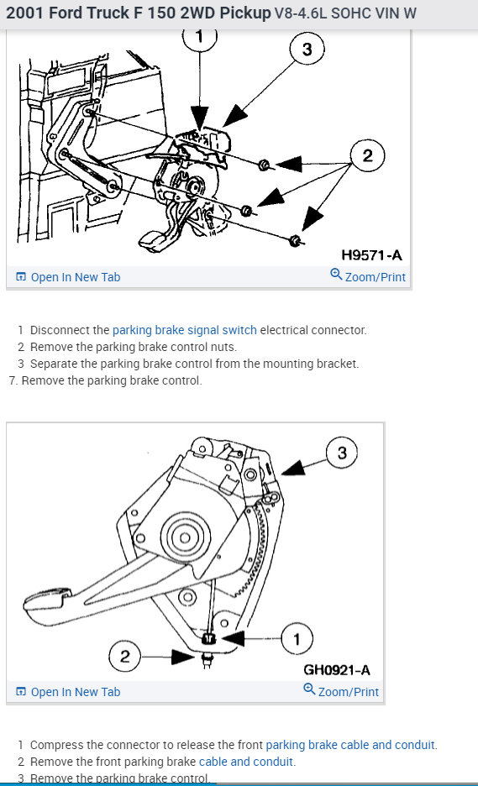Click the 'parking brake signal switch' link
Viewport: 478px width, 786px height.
[185, 330]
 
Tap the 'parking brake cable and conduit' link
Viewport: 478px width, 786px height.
[350, 744]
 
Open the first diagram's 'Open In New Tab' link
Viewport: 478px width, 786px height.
[68, 277]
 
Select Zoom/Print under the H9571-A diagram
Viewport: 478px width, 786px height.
[368, 276]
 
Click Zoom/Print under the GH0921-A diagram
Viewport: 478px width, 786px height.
[341, 691]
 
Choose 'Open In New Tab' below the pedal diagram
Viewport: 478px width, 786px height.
[68, 692]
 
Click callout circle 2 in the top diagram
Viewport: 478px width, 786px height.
[368, 155]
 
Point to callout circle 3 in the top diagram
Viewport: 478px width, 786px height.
[307, 49]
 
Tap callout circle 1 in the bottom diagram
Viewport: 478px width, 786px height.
[297, 639]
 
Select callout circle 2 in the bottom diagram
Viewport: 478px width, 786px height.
[125, 656]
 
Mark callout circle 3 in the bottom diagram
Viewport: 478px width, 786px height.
[342, 453]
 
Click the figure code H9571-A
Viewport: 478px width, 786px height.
[371, 255]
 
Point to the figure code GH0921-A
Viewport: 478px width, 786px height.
[337, 670]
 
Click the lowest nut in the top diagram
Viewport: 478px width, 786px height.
[295, 241]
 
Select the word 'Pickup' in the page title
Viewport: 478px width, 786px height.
[245, 13]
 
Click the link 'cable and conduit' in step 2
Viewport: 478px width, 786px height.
[246, 762]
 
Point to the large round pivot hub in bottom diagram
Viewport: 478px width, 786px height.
[185, 538]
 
